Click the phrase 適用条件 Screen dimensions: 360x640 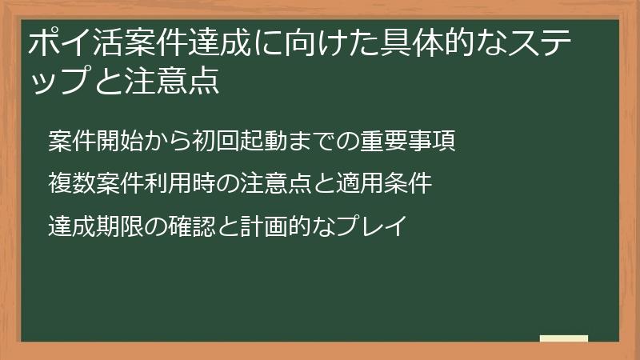pos(385,183)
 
